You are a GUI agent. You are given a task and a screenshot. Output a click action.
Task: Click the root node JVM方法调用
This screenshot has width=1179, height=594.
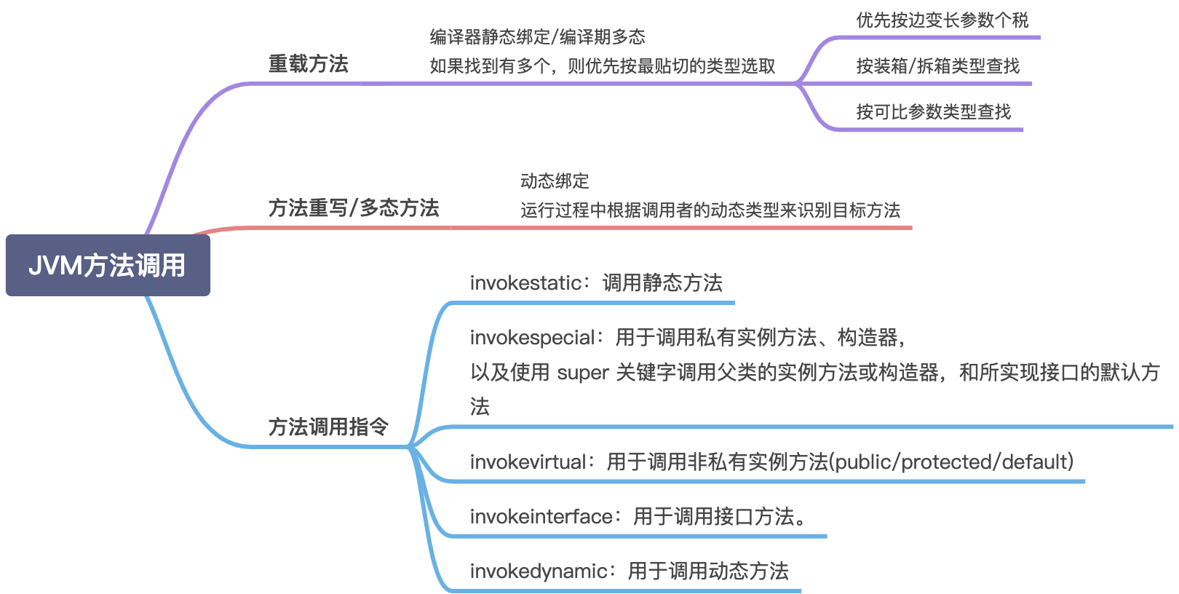click(108, 265)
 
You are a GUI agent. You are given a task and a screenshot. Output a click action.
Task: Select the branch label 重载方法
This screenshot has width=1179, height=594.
click(309, 64)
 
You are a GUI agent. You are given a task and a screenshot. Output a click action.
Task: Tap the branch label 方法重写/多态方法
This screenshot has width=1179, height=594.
click(354, 208)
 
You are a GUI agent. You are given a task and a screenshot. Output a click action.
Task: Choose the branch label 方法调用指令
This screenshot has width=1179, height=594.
click(328, 427)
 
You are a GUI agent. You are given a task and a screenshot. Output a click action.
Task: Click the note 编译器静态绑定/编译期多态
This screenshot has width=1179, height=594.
click(538, 37)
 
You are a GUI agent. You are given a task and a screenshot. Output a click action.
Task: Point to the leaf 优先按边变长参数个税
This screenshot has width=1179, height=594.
click(942, 20)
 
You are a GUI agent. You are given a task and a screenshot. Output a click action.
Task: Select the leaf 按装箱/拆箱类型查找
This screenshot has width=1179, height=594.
click(938, 66)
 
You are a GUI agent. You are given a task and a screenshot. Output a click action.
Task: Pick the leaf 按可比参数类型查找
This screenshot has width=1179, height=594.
click(934, 112)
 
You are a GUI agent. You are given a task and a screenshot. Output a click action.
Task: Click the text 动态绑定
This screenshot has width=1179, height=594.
click(555, 181)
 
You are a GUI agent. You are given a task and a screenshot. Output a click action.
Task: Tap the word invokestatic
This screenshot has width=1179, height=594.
click(525, 283)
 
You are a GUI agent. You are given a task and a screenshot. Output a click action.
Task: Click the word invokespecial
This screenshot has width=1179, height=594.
click(532, 338)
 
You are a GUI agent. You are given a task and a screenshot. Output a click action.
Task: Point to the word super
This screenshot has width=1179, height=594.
click(582, 373)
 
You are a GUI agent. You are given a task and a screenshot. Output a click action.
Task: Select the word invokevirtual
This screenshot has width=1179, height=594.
click(528, 462)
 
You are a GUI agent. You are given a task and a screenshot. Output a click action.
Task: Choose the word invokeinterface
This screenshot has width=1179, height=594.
click(541, 517)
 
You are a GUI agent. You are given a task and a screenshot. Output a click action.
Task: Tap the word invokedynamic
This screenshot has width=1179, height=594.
click(539, 571)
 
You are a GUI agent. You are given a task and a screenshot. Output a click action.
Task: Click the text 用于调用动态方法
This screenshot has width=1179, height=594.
click(708, 571)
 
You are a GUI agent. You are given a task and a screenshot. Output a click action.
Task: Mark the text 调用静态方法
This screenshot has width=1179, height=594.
click(662, 283)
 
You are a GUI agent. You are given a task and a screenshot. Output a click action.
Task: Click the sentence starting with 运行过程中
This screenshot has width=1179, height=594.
click(710, 211)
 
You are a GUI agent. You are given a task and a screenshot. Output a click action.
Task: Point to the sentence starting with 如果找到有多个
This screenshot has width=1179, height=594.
click(602, 67)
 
